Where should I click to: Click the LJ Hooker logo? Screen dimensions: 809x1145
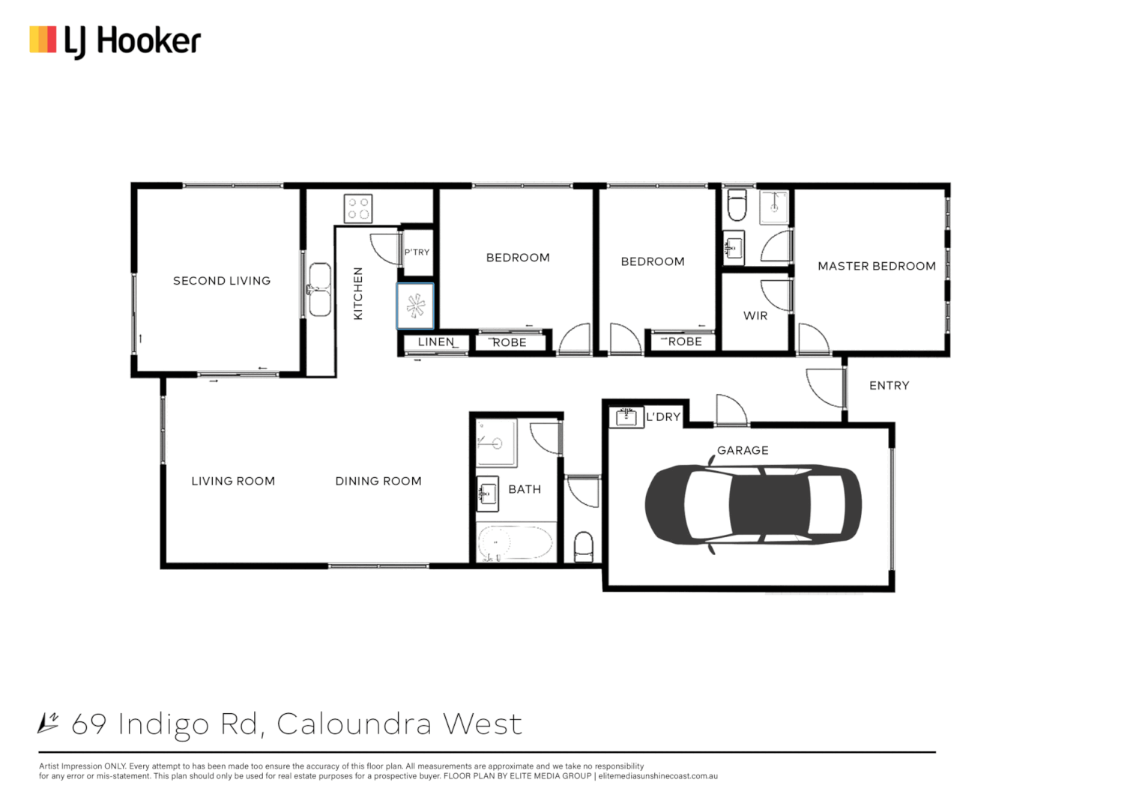[115, 41]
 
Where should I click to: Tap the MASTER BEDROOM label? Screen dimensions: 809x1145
[876, 266]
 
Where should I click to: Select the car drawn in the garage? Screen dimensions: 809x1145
[753, 504]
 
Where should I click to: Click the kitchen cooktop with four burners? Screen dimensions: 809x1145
[357, 208]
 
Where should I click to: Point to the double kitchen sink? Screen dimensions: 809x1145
[320, 289]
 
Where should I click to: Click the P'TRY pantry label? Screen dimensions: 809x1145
[417, 252]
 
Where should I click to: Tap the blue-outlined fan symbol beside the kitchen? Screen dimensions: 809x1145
[415, 306]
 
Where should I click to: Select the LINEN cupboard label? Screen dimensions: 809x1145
[436, 342]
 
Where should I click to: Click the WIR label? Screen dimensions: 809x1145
[755, 316]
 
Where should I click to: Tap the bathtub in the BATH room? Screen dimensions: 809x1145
[515, 542]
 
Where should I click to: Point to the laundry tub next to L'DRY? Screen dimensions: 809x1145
[626, 416]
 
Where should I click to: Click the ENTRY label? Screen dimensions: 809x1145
[889, 386]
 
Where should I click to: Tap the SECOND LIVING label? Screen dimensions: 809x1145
[221, 281]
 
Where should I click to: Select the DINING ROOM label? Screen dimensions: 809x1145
[378, 481]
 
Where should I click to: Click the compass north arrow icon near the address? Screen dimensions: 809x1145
[49, 723]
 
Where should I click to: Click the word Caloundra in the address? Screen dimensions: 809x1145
[354, 724]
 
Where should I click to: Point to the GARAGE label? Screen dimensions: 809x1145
[742, 450]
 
